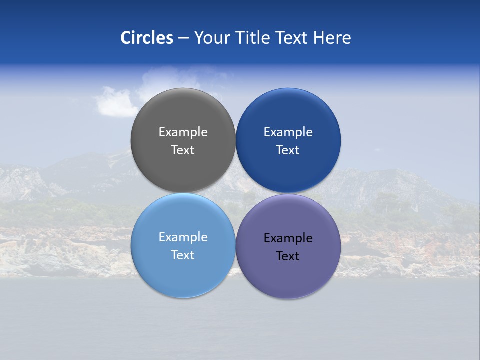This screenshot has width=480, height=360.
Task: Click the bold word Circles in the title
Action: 147,38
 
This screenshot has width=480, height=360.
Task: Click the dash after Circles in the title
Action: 183,38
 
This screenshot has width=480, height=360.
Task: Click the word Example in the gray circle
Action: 183,132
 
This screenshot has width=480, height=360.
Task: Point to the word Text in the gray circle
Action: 183,150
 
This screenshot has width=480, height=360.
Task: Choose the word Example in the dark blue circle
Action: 288,132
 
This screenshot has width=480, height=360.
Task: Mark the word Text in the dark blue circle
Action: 288,150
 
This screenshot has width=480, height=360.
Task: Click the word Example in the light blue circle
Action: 183,237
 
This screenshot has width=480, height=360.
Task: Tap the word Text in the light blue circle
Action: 183,255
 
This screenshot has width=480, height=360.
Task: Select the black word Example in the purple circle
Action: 288,238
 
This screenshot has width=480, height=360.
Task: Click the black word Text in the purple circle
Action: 288,256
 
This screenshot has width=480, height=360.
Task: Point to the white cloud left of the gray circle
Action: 115,102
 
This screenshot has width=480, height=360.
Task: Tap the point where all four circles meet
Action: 235,193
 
